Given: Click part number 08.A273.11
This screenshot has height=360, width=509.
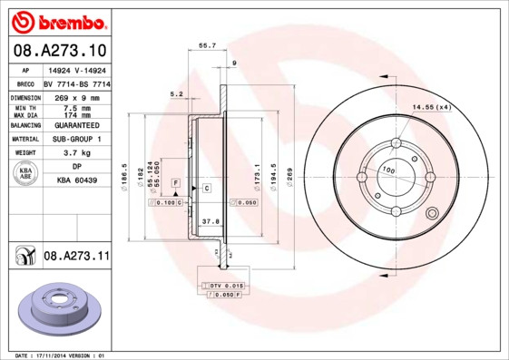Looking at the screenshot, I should click(75, 258).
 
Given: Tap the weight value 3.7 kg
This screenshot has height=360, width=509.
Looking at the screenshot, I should click(77, 153).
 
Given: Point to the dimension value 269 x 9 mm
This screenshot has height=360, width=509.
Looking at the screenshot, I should click(77, 95).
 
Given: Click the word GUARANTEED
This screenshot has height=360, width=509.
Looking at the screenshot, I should click(77, 124).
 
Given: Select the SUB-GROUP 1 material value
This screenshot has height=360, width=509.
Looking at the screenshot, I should click(77, 139).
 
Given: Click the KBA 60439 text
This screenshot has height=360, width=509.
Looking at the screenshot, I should click(77, 181).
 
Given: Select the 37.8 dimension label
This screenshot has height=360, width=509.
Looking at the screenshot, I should click(210, 220).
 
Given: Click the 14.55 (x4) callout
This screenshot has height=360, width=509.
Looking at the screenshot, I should click(432, 108).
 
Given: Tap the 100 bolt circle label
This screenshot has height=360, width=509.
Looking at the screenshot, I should click(387, 170).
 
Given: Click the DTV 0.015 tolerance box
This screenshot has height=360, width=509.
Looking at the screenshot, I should click(222, 286).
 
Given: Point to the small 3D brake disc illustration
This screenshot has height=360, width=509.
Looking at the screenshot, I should click(59, 308).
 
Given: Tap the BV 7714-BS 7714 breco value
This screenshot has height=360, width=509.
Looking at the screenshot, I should click(77, 83).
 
